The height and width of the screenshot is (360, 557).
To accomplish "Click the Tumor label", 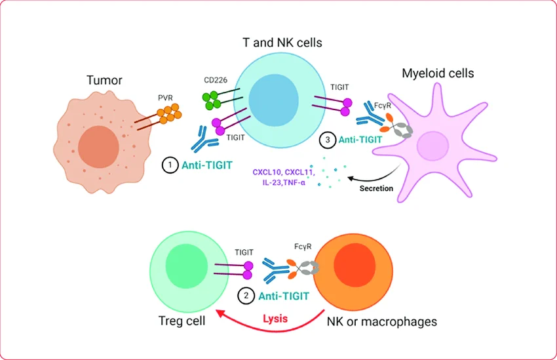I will click(x=104, y=81).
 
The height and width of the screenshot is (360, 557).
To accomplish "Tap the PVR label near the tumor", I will click(x=166, y=98).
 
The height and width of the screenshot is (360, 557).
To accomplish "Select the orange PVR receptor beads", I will click(x=169, y=115).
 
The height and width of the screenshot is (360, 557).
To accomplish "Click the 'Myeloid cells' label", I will click(x=437, y=73).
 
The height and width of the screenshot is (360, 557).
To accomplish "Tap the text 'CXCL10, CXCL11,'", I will click(x=283, y=172).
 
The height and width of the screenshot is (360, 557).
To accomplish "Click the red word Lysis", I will click(x=276, y=319).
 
